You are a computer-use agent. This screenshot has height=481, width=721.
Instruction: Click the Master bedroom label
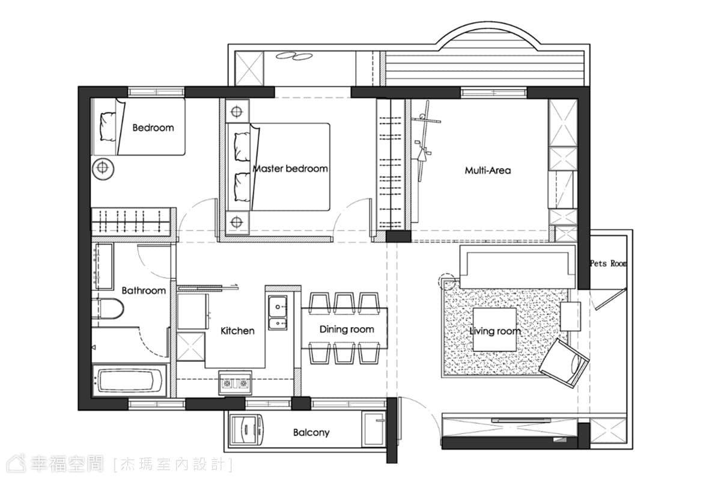pos(290,168)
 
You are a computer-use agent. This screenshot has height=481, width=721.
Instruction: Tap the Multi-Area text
pos(488,170)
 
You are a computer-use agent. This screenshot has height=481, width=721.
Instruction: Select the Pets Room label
pos(608,263)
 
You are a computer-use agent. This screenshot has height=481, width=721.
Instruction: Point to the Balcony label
pos(311,432)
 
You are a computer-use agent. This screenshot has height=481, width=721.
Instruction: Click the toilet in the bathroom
pos(108,308)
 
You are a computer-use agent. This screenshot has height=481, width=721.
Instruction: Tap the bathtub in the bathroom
pos(129,381)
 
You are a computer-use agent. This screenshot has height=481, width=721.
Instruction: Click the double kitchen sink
pos(278,313)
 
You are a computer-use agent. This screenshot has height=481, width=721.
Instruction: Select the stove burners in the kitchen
pos(236,383)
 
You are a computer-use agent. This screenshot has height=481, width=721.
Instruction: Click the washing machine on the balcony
pos(246,430)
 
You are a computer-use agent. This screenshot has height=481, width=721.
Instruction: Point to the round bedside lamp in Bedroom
pos(103,168)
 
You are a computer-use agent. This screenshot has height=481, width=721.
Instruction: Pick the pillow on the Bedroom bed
pos(108,127)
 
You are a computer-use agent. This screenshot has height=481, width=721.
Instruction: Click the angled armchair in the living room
pos(564,363)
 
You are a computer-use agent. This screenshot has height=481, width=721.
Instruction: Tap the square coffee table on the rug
pos(494,329)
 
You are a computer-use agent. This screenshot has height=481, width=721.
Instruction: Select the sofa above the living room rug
pos(517,267)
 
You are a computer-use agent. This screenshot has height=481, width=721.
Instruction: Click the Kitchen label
pos(237,331)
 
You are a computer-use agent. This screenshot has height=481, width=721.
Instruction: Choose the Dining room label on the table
pos(347,329)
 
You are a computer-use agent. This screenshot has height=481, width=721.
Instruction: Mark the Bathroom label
pos(144,290)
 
